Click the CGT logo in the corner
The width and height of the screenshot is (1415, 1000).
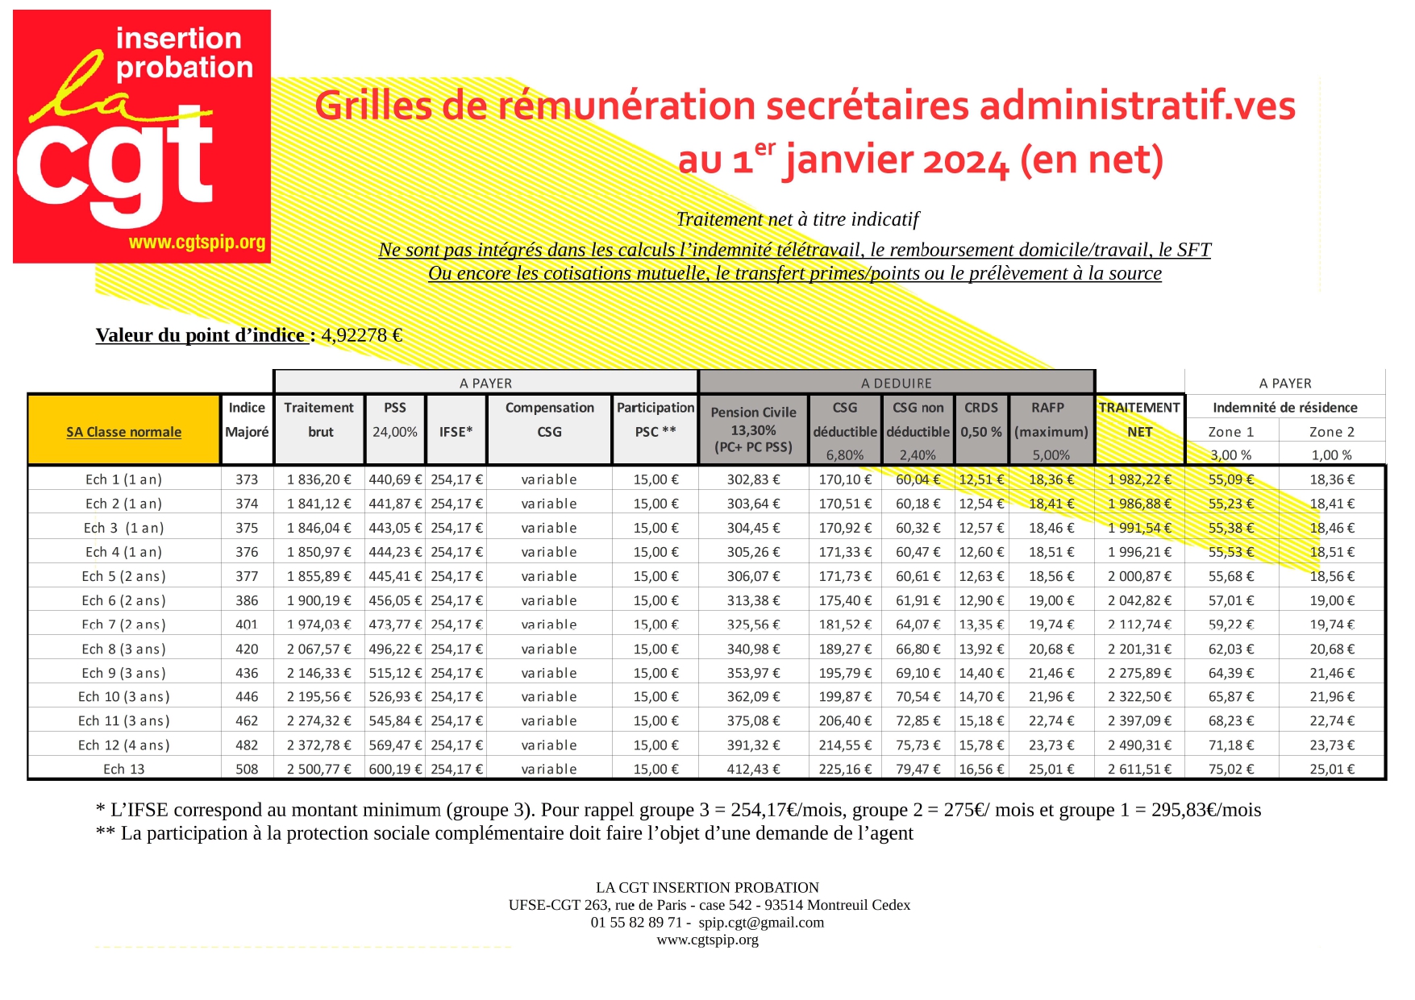coord(141,135)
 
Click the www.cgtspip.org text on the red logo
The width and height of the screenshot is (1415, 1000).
coord(197,242)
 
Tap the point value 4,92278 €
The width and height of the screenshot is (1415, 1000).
coord(361,335)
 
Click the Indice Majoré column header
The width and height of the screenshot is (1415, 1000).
coord(247,419)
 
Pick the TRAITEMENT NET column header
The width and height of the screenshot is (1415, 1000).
coord(1139,419)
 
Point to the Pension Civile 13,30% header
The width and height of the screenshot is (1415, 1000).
coord(753,429)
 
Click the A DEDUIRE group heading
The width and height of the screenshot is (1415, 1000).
coord(896,383)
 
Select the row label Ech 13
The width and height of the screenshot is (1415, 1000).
coord(124,769)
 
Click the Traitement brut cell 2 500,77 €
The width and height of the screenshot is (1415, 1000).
coord(318,769)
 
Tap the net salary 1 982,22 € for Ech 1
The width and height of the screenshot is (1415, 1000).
coord(1139,479)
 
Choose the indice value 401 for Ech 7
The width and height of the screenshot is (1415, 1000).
coord(247,624)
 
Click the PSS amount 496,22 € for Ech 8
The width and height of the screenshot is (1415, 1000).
coord(395,649)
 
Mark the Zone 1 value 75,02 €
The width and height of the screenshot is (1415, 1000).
coord(1231,769)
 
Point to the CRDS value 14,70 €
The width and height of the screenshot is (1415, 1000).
coord(981,696)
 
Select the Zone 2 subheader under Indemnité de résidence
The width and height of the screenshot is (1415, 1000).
coord(1331,432)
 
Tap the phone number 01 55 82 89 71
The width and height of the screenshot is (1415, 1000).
coord(636,922)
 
